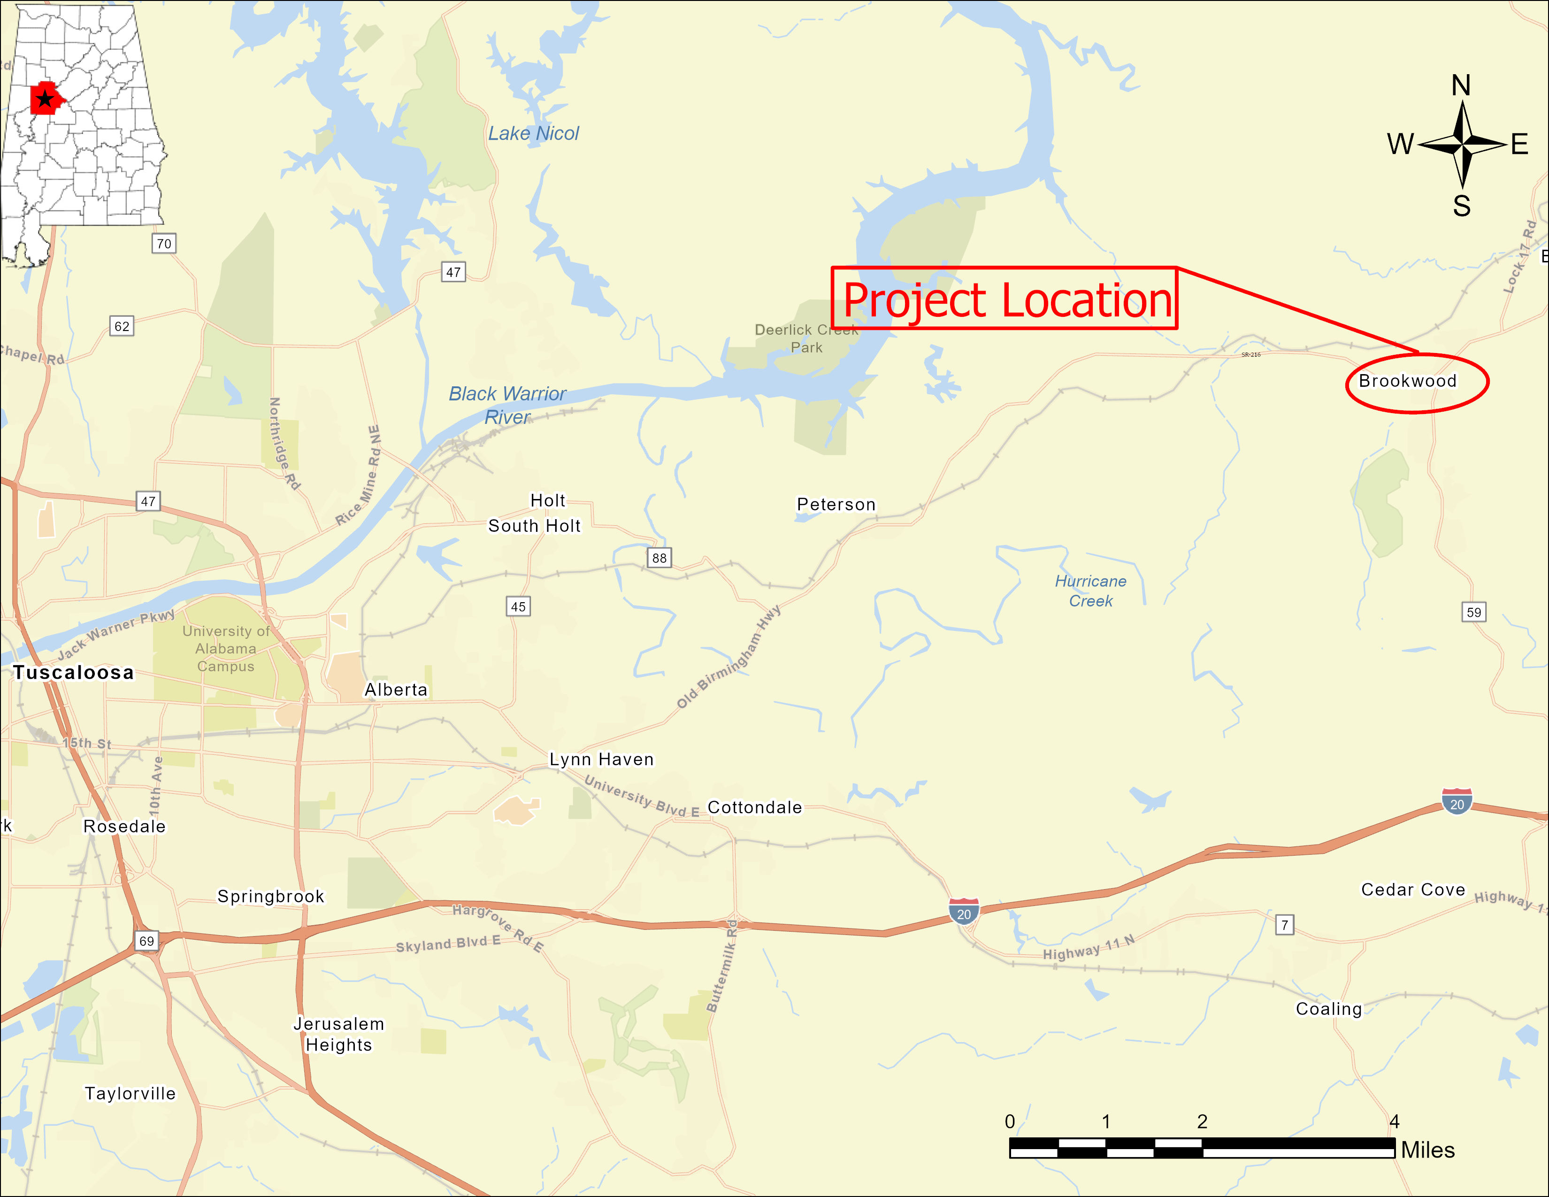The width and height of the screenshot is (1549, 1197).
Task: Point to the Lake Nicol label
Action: click(533, 133)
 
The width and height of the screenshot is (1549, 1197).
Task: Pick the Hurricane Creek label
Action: click(1090, 591)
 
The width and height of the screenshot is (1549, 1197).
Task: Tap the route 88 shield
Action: click(659, 558)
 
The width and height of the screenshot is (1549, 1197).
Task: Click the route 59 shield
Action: click(1474, 612)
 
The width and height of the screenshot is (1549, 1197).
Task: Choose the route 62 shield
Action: click(122, 326)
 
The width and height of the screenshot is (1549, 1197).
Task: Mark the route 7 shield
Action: click(1284, 925)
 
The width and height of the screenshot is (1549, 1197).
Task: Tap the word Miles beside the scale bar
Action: click(1428, 1150)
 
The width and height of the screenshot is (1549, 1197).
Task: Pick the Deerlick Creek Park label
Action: click(806, 338)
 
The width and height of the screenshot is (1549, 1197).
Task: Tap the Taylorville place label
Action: click(130, 1093)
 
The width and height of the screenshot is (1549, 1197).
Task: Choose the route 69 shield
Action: click(146, 941)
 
